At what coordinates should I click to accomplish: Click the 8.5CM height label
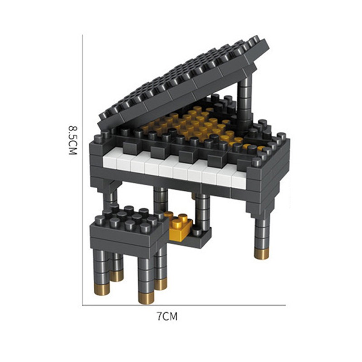click(x=72, y=140)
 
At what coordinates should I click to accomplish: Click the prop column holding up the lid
click(x=245, y=100)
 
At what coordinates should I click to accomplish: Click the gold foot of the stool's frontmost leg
click(x=146, y=296)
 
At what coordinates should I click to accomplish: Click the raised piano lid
click(x=186, y=81)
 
